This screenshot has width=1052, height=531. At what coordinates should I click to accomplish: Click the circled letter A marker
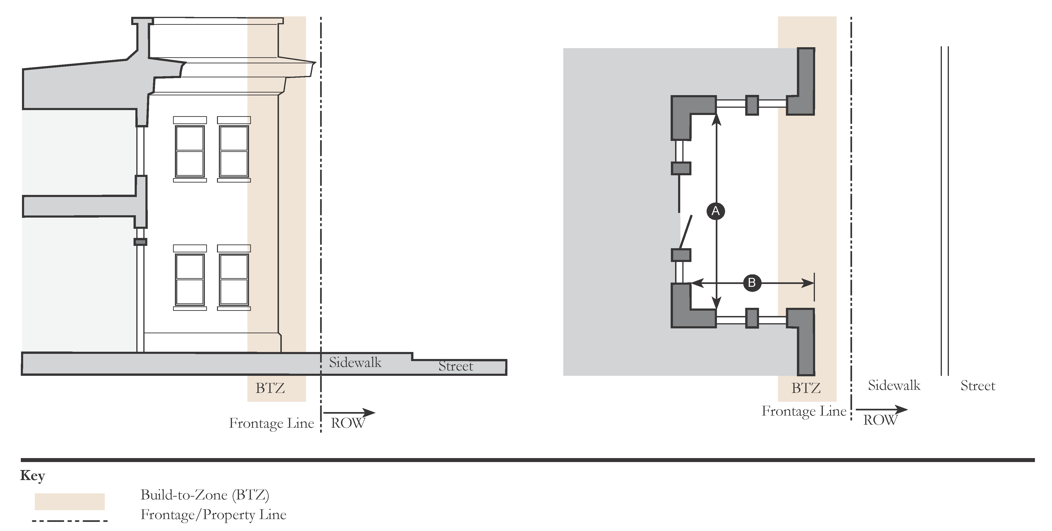(716, 211)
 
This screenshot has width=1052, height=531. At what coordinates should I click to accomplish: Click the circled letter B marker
(752, 282)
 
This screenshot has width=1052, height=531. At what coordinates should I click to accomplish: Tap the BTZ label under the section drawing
(270, 388)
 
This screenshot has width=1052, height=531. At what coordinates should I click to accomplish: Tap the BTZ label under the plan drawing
(806, 388)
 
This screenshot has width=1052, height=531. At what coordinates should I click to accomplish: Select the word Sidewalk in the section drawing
(355, 362)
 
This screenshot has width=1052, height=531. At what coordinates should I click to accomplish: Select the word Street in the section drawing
(456, 366)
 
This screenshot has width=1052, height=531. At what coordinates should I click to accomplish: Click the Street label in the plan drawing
(978, 386)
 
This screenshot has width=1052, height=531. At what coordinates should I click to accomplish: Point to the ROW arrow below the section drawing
(349, 413)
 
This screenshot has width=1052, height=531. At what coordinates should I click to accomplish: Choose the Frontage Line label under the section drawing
(271, 423)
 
